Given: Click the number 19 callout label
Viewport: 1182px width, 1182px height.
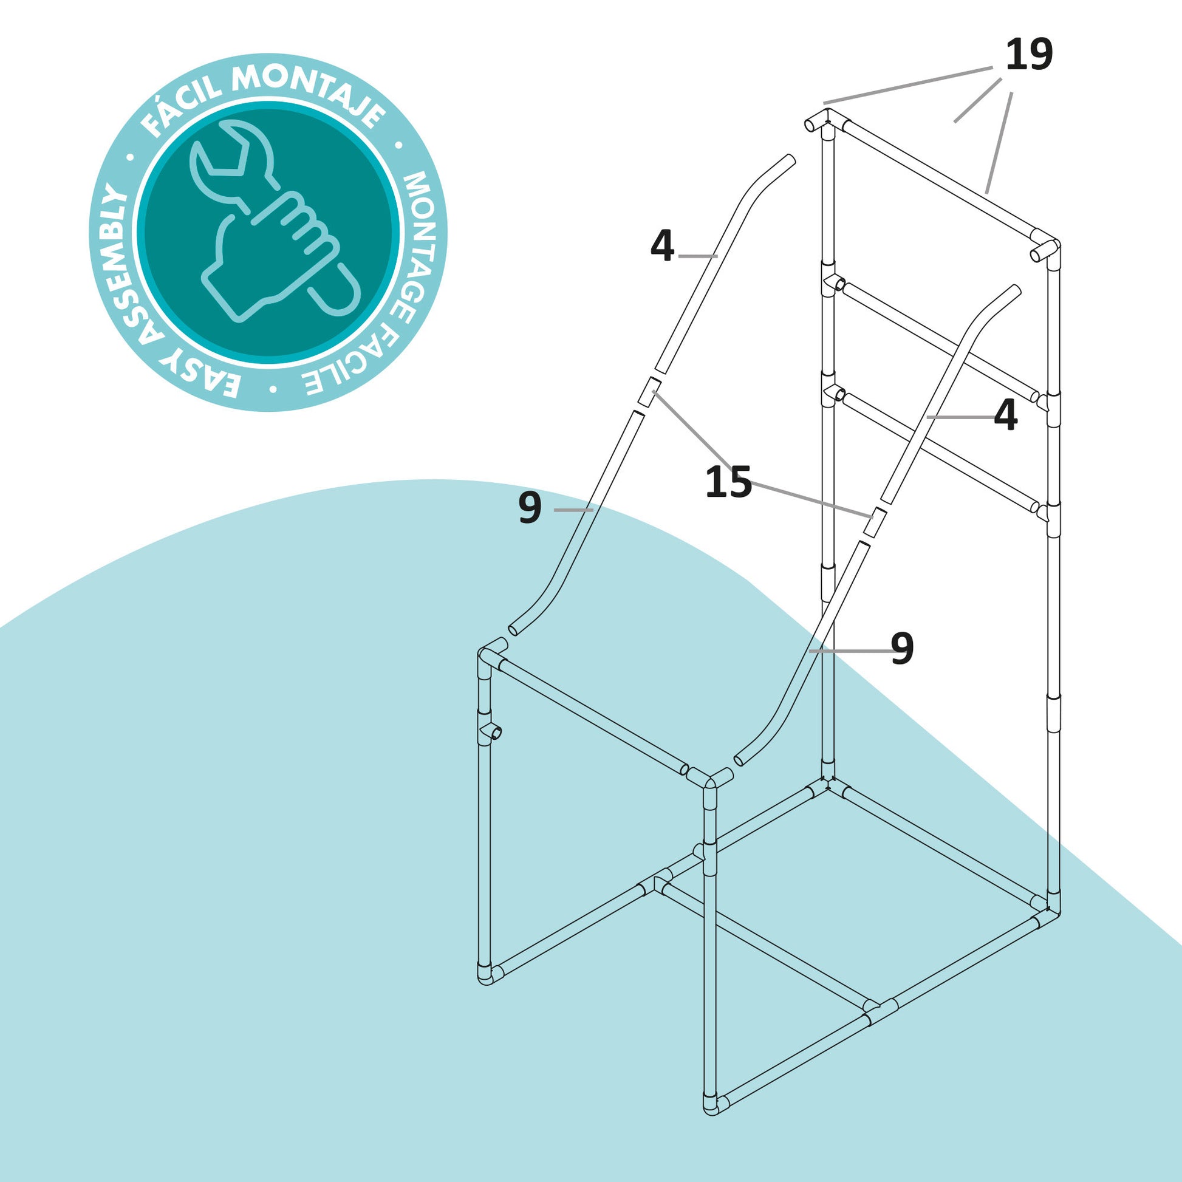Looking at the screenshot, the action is (1029, 55).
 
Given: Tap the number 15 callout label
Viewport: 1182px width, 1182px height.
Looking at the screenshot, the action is (728, 482).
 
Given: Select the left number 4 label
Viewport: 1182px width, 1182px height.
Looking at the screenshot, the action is (662, 246).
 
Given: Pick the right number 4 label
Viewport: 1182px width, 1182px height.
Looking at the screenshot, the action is (1006, 415).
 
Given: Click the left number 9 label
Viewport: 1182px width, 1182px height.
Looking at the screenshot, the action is (530, 508).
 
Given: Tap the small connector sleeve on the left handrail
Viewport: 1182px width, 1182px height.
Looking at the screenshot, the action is (648, 392).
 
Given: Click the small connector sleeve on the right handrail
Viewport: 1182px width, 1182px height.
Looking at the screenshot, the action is (876, 522).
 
